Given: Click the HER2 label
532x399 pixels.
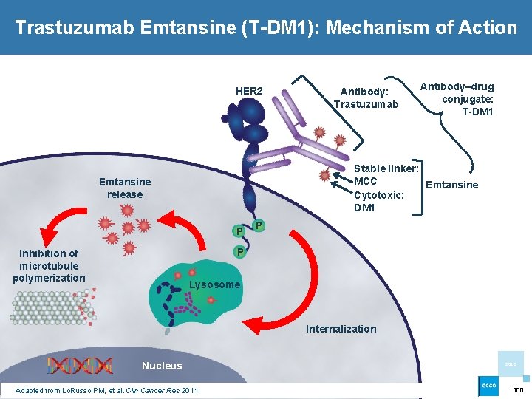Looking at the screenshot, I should coord(249,92).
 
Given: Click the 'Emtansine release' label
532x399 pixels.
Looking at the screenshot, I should coord(125,188).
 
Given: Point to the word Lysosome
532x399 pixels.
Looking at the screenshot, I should coord(215,285).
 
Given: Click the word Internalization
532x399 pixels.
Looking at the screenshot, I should coord(341,329).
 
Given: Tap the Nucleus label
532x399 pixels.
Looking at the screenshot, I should coord(162,366).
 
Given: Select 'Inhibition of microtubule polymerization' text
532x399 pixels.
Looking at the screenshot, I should coord(49,265).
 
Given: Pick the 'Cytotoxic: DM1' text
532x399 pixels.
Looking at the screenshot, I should coord(379,202).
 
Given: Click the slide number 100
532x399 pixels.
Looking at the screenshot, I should coord(518,389).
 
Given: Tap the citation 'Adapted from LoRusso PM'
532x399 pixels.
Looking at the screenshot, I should coord(107,390).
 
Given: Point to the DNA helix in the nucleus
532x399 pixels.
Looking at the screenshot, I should coord(80,365).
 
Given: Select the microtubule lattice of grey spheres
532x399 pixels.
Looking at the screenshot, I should coord(48,306).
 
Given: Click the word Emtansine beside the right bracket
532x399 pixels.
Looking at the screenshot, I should coord(452,185).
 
